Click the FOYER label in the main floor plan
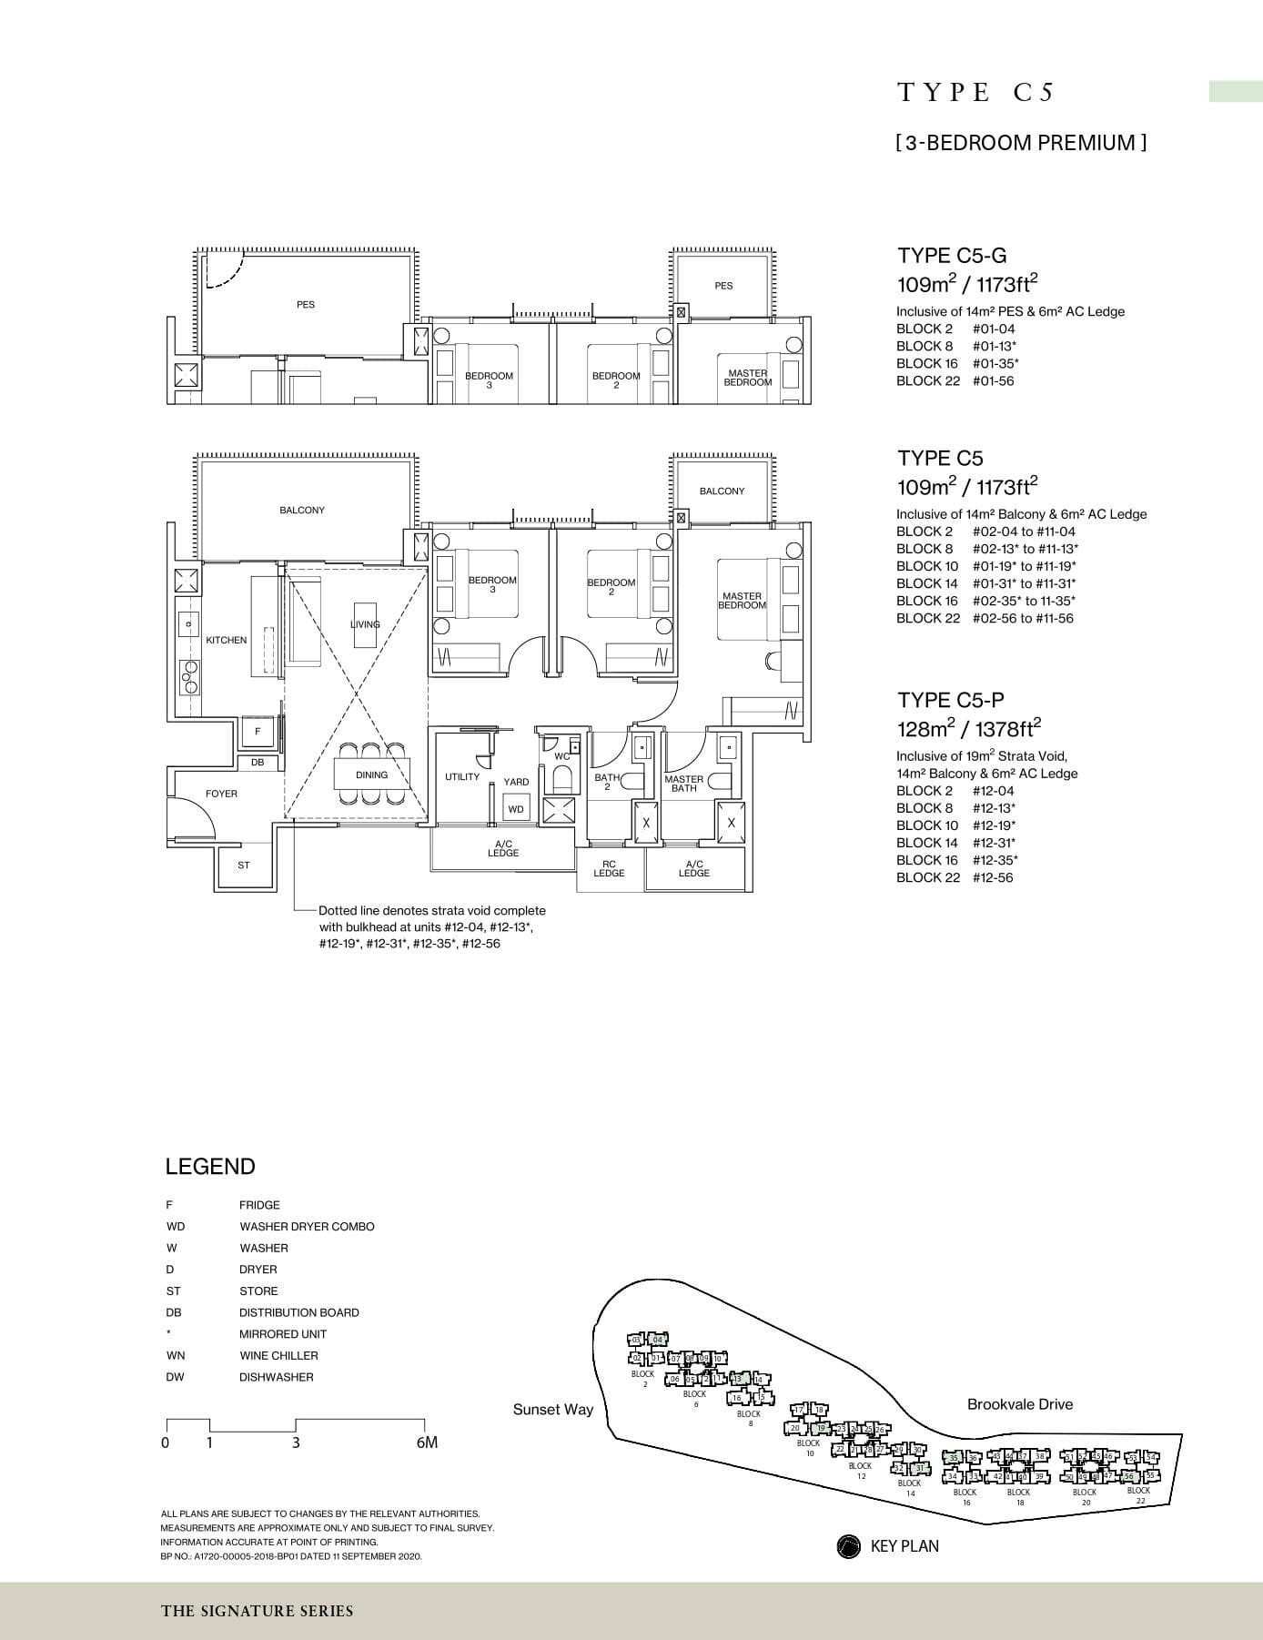coord(221,794)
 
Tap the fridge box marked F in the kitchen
coord(258,731)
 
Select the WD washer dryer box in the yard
coord(516,809)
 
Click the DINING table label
coord(371,775)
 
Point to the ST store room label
coord(244,866)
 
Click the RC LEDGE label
coord(609,868)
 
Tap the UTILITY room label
coord(462,777)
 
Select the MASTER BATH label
coord(683,784)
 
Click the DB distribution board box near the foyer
coord(258,763)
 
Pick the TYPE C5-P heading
coord(951,700)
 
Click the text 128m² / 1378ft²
coord(968,729)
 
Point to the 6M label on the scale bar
coord(426,1443)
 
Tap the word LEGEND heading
coord(210,1167)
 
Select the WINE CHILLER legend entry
coord(278,1355)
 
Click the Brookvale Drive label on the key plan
coord(1019,1404)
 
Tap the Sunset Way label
coord(552,1410)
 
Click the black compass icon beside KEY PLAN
coord(848,1546)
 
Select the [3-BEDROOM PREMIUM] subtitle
coord(1021,143)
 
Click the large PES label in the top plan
coord(306,305)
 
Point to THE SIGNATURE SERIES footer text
coord(258,1611)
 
